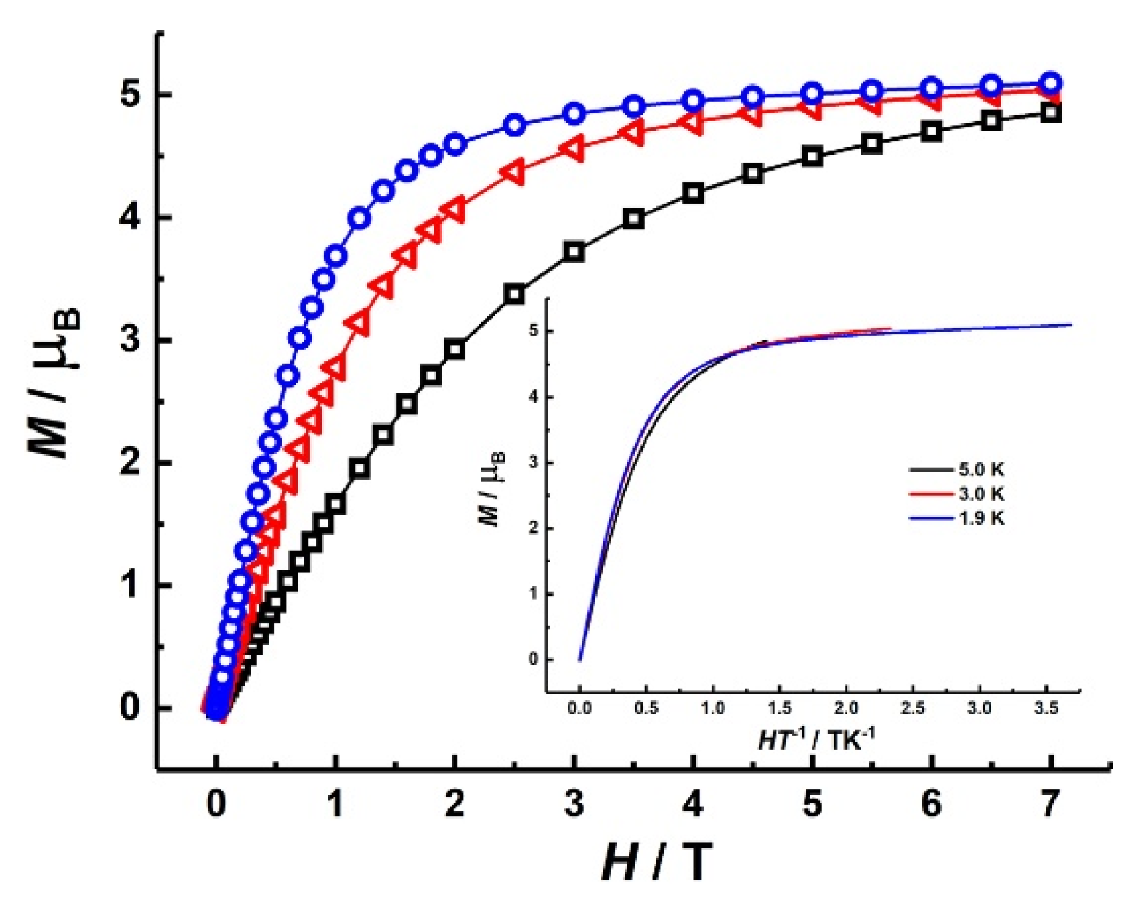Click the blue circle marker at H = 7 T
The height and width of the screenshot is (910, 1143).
click(x=1050, y=82)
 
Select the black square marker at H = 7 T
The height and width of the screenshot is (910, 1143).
click(x=1050, y=113)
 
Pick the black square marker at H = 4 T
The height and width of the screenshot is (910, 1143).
click(x=693, y=194)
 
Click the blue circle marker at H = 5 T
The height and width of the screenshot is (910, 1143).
click(x=812, y=94)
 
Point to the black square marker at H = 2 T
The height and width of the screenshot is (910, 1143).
click(x=455, y=350)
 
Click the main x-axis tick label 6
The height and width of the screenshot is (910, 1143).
click(x=931, y=804)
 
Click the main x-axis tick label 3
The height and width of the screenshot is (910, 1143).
click(x=574, y=804)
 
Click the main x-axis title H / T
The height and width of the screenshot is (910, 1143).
click(x=656, y=862)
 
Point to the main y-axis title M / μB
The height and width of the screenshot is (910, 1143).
click(x=55, y=382)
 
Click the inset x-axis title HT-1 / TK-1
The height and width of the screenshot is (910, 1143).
click(x=815, y=739)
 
